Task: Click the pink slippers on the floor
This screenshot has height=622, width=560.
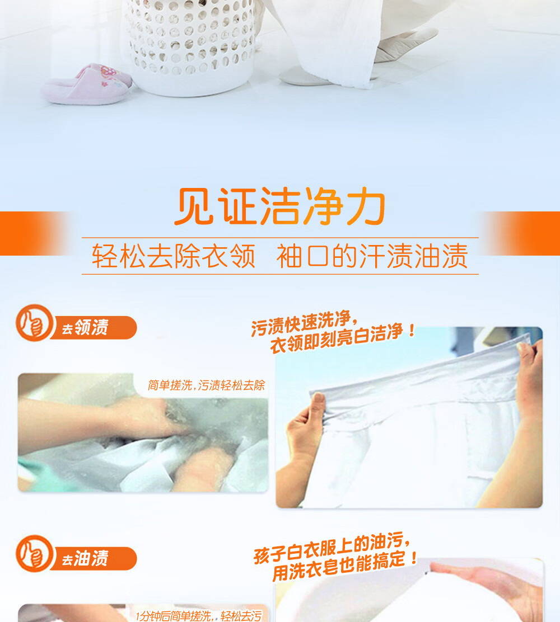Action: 87,84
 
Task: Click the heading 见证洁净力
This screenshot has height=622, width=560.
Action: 280,206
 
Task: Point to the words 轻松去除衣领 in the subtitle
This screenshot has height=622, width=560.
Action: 174,256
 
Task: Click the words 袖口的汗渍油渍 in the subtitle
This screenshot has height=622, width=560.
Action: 372,256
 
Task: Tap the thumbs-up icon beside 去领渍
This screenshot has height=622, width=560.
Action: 34,323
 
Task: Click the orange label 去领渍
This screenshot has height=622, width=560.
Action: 94,328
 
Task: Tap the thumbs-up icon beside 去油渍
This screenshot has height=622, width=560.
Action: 34,554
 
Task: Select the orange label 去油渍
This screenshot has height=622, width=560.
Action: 94,559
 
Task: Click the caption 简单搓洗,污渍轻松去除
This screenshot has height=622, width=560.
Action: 206,385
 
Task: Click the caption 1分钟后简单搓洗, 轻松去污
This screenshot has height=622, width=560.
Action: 199,616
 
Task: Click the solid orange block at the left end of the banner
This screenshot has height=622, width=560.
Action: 30,233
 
